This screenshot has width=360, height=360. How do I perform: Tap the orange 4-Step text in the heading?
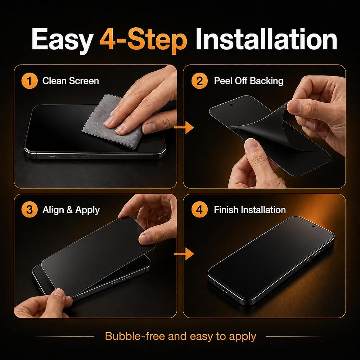click(x=144, y=40)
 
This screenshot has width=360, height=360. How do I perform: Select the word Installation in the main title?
click(x=266, y=39)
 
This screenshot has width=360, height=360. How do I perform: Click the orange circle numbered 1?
click(x=30, y=81)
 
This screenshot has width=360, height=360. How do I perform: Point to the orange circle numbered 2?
click(x=199, y=81)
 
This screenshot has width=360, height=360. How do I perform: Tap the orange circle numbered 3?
click(x=30, y=210)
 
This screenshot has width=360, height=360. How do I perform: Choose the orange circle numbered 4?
click(x=199, y=210)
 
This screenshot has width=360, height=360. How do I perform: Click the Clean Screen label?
click(x=71, y=81)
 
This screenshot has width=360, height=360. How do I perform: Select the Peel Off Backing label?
click(x=249, y=81)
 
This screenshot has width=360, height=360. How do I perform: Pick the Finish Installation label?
click(x=250, y=210)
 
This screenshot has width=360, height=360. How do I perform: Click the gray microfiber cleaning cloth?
click(x=110, y=124)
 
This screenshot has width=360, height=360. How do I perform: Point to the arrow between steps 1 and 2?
click(x=184, y=127)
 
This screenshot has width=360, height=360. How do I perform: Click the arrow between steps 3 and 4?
click(x=184, y=254)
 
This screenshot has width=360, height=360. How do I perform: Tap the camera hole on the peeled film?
click(x=231, y=105)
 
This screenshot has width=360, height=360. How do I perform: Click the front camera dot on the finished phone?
click(x=313, y=226)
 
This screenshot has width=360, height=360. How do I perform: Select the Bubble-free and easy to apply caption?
click(x=180, y=336)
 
